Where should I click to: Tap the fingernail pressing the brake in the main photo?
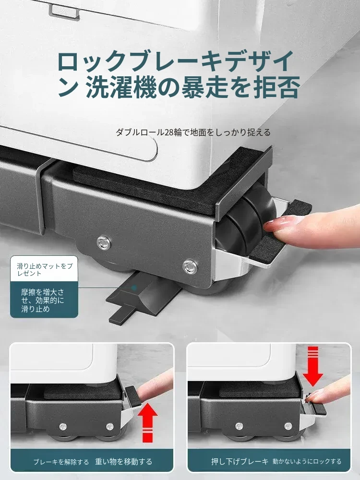pos(277,222)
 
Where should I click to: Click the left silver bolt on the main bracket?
pos(104,242)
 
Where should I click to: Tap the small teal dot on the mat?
pos(134,288)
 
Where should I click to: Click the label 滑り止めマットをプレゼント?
pos(45,269)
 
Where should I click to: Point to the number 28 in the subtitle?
pos(169,132)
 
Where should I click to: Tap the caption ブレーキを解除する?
pos(61,462)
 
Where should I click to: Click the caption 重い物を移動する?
pos(123,461)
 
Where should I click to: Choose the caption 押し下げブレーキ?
pos(240,461)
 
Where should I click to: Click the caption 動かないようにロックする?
pos(307,461)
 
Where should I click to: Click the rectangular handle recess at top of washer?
pos(64,12)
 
